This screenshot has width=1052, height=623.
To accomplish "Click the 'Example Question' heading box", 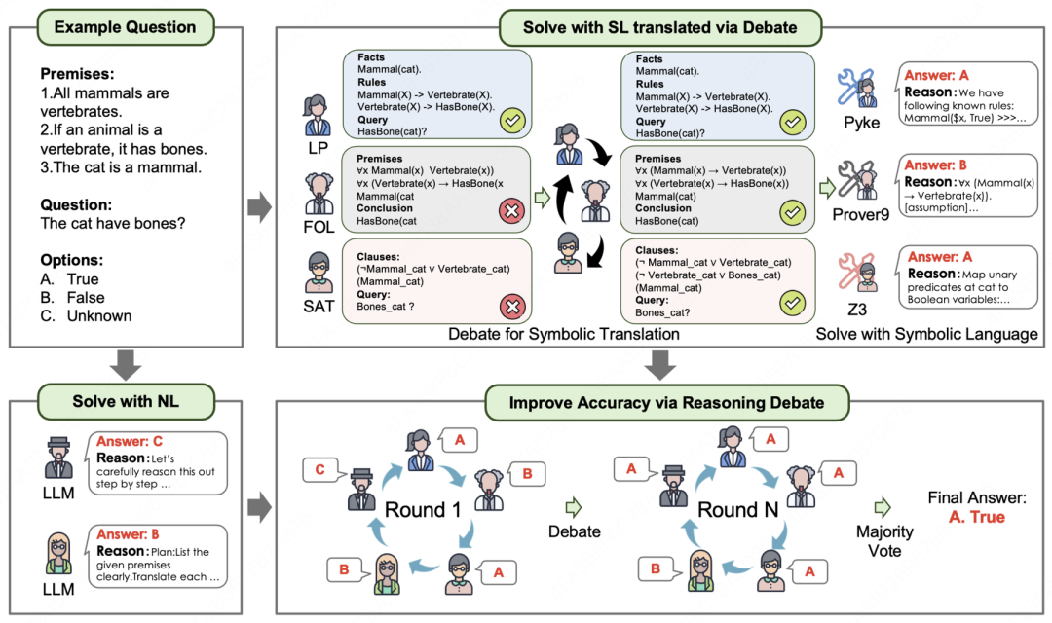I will (125, 26).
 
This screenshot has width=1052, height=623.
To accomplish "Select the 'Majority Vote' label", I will (883, 541).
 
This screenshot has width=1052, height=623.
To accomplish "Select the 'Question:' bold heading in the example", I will (77, 205).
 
